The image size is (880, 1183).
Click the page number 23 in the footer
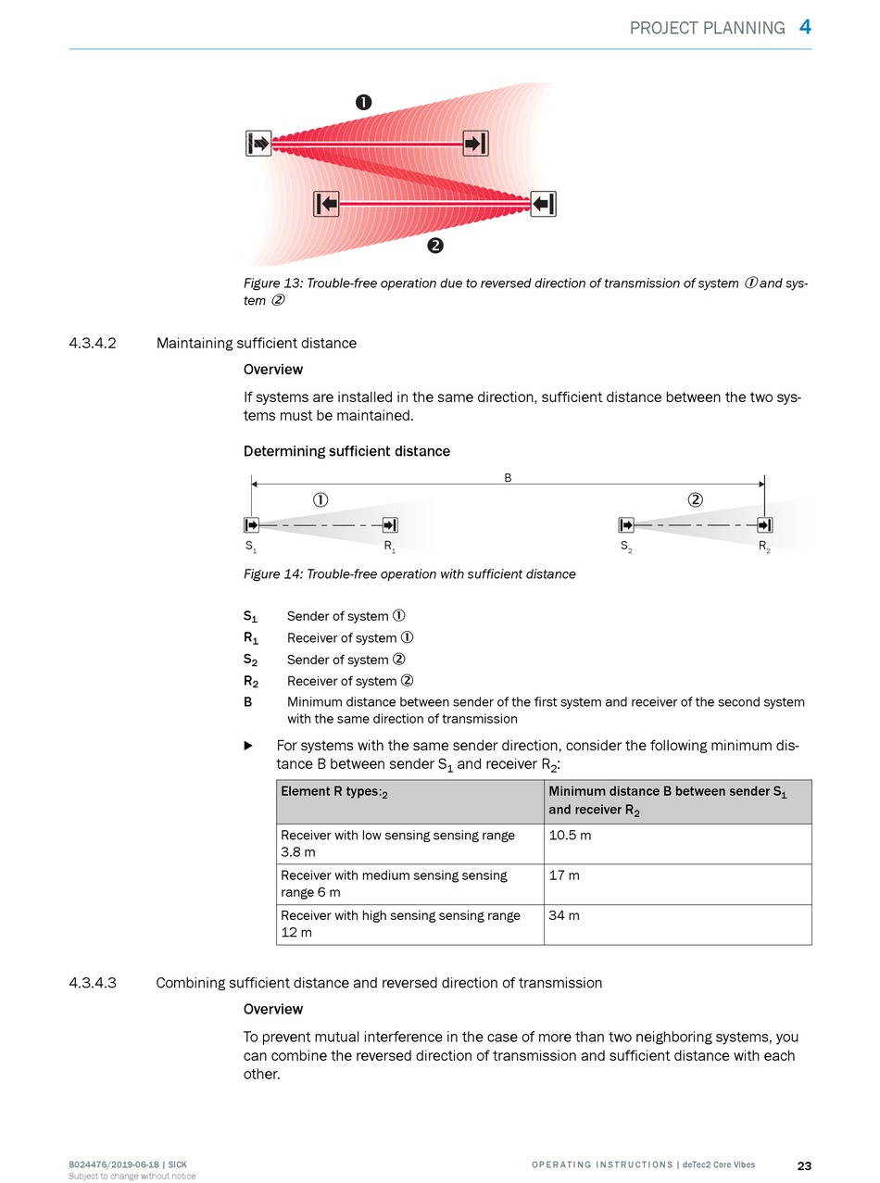coord(804,1165)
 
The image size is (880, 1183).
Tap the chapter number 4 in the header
coord(805,27)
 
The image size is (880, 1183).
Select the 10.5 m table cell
coord(677,844)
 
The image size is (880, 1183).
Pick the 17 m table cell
coord(677,884)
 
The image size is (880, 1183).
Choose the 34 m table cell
coord(677,925)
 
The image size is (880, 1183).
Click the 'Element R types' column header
coord(409,801)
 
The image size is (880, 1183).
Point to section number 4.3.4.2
coord(93,344)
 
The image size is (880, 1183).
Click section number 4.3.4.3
coord(93,983)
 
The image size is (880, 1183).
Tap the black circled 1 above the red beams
coord(364,103)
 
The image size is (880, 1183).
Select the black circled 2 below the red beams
coord(434,245)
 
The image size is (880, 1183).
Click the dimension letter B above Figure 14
coord(508,478)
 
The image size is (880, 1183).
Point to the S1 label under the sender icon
coord(251,547)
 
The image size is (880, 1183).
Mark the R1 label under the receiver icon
coord(390,547)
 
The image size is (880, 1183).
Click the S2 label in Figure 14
coord(626,547)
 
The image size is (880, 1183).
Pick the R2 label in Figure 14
coord(764,547)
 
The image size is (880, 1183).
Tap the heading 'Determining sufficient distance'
coord(346,451)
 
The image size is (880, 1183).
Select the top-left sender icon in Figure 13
coord(259,144)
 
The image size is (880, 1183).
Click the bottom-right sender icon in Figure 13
coord(543,204)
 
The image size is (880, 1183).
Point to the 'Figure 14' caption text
coord(409,574)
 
